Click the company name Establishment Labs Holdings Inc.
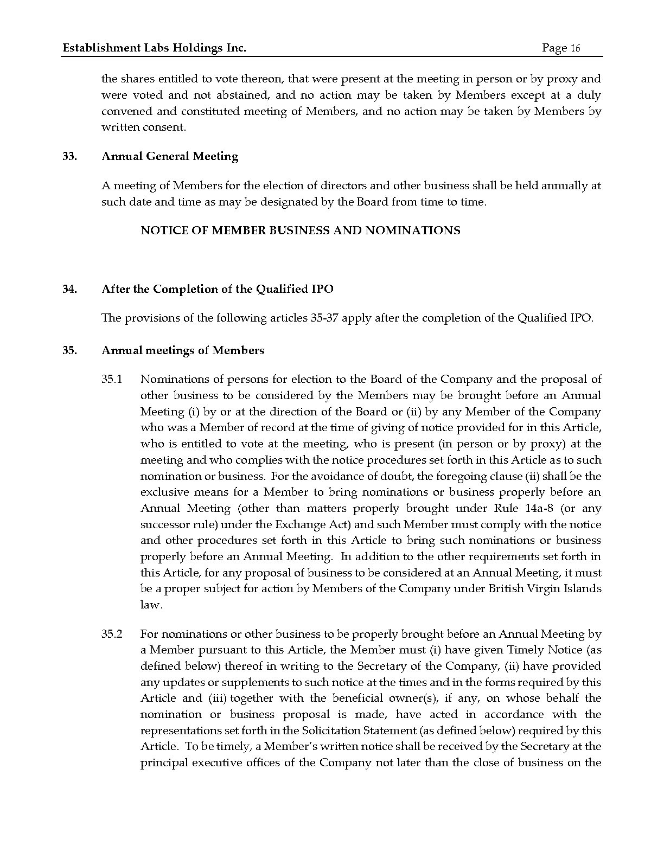tap(155, 48)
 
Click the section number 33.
tap(69, 157)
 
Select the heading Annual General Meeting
tap(170, 157)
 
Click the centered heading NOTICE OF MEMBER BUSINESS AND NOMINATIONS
tap(300, 230)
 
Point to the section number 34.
tap(69, 289)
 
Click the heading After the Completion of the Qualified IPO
tap(217, 289)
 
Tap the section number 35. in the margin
tap(69, 350)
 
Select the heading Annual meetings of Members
tap(183, 350)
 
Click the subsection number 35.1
tap(112, 379)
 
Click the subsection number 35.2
tap(112, 634)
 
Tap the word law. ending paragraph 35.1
tap(151, 605)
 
